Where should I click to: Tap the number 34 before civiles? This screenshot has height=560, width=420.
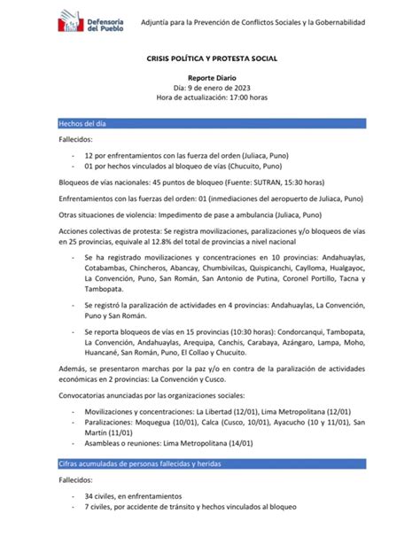88,497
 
